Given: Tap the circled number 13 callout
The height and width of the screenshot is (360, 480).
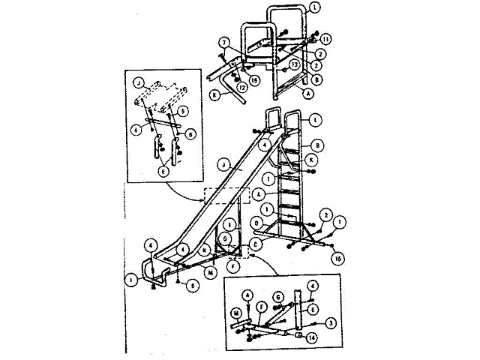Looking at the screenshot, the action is pyautogui.click(x=295, y=65).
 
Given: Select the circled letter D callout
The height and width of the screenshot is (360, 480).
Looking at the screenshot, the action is pyautogui.click(x=258, y=222).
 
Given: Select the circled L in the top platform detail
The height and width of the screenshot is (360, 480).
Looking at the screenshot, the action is pyautogui.click(x=313, y=7).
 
